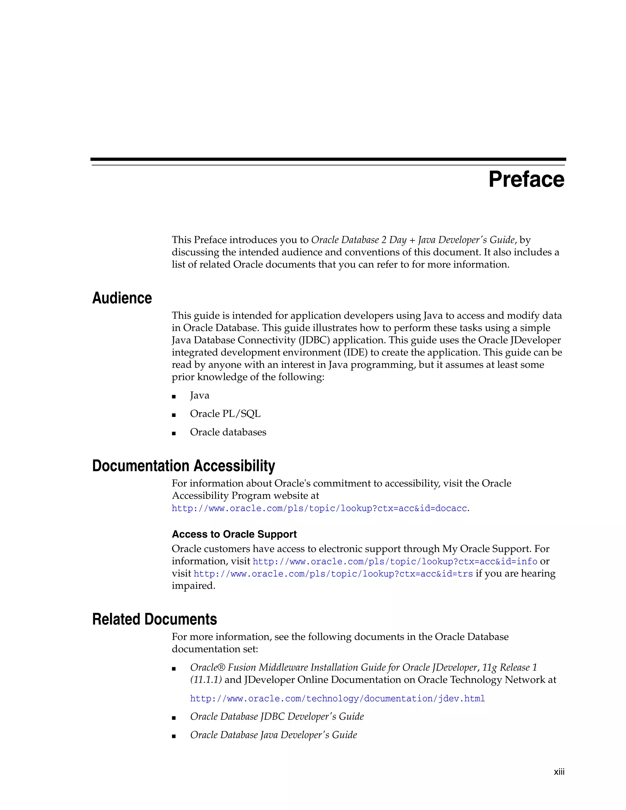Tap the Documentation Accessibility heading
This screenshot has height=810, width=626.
point(184,466)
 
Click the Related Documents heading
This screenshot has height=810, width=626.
point(154,619)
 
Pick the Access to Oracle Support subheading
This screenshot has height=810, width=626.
point(234,534)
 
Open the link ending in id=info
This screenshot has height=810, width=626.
point(395,561)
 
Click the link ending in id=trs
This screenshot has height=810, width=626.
point(333,574)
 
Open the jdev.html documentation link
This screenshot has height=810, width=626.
point(337,699)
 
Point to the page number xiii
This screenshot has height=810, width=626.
point(559,772)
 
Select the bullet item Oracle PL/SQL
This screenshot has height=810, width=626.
point(225,414)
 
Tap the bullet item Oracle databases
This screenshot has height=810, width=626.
point(228,432)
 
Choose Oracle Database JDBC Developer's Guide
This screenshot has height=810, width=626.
point(277,716)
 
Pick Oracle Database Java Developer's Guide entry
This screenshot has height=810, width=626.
point(273,735)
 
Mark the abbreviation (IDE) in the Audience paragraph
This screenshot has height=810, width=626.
point(356,352)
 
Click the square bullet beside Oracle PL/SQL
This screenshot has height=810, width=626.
point(174,415)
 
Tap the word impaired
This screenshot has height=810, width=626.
point(193,586)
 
